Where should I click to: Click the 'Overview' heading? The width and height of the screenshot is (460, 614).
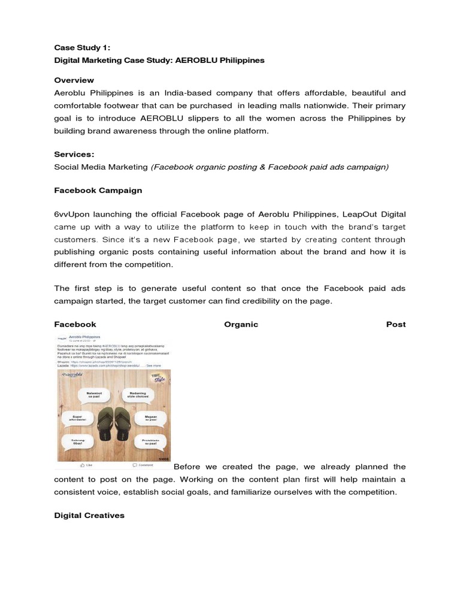tap(74, 80)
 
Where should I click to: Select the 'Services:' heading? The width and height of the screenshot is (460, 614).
tap(74, 154)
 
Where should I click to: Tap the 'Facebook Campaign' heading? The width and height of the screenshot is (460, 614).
tap(98, 190)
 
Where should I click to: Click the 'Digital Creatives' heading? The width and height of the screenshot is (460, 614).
tap(89, 515)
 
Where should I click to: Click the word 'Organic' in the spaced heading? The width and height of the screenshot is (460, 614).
tap(241, 324)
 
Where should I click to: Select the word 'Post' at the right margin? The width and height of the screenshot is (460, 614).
tap(395, 324)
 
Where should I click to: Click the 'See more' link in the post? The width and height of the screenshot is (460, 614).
tap(153, 365)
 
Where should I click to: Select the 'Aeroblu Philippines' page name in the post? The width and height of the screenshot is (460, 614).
tap(84, 338)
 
